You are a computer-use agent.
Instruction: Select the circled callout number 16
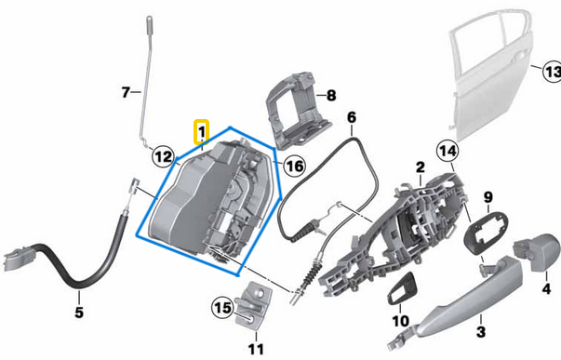[x=294, y=166]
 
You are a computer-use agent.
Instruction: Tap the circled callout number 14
[x=448, y=150]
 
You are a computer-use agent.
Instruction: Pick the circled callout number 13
[x=551, y=72]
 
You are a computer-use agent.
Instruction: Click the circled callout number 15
[x=221, y=306]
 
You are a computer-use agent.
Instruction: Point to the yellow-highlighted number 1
[x=201, y=134]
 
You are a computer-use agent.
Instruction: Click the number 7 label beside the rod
[x=127, y=92]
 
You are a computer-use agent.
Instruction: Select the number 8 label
[x=330, y=95]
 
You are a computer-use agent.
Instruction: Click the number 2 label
[x=421, y=167]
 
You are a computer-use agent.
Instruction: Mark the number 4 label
[x=546, y=288]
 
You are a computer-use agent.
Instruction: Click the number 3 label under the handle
[x=481, y=331]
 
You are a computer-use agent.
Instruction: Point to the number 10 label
[x=399, y=321]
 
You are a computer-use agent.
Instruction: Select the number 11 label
[x=256, y=350]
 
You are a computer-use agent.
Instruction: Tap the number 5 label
[x=79, y=312]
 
